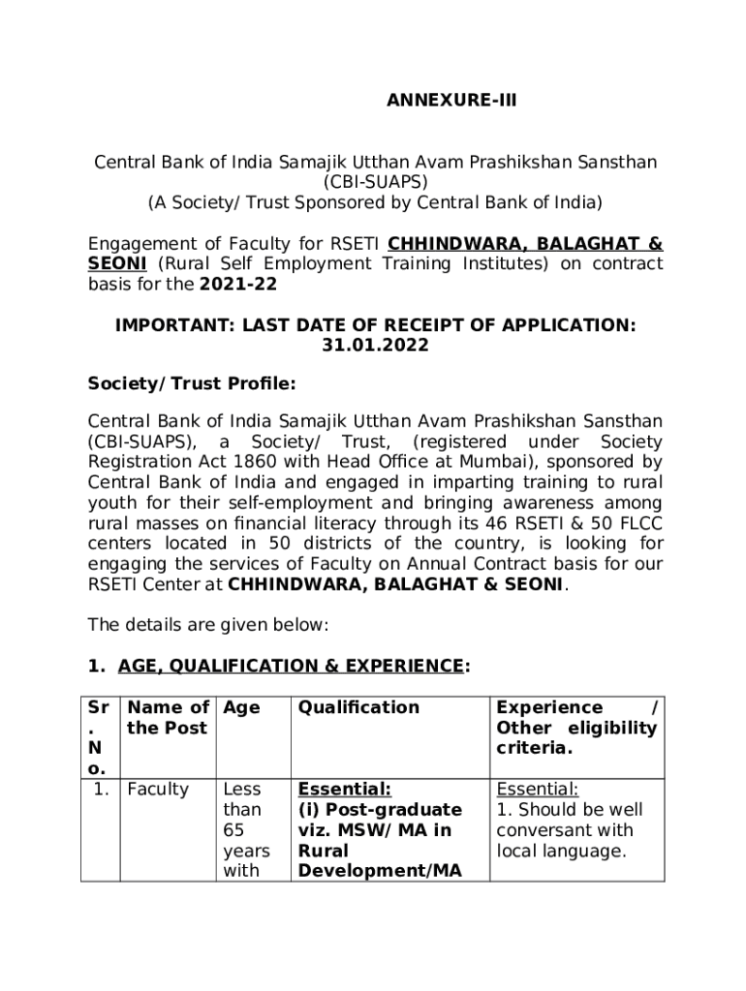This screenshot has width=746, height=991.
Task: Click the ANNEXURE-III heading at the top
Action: (x=451, y=126)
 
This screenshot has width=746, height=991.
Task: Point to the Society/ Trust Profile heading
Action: (x=191, y=384)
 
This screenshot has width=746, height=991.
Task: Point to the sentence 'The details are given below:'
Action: (x=208, y=625)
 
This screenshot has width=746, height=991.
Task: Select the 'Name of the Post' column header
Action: (x=169, y=717)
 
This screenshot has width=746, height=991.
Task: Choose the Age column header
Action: (x=241, y=707)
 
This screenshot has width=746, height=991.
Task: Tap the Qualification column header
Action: (x=358, y=707)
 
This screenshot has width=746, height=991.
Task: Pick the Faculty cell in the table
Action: (x=158, y=789)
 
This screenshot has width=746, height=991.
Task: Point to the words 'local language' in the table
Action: (x=561, y=851)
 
